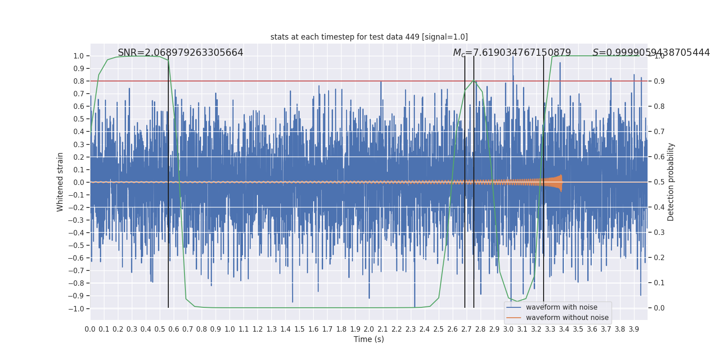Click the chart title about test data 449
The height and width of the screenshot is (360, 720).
point(369,37)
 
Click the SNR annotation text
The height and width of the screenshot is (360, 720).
point(180,53)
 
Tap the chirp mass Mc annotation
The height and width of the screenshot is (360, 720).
point(512,53)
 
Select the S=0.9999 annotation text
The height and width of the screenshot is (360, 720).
point(651,53)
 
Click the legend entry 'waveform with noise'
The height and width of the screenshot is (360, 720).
point(561,307)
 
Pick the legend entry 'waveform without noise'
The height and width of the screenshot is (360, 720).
point(567,318)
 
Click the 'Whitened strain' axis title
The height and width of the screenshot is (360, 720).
point(60,182)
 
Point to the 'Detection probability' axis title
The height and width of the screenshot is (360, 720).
point(671,182)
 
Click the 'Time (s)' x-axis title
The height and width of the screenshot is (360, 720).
point(369,339)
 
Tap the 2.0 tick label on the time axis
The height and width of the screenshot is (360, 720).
point(369,329)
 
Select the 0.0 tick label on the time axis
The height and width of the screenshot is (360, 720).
point(90,329)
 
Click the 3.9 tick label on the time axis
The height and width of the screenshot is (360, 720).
point(634,329)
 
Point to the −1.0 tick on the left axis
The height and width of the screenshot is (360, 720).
point(76,309)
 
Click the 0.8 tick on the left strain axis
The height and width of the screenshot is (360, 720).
point(79,81)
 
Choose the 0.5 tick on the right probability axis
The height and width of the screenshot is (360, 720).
point(659,182)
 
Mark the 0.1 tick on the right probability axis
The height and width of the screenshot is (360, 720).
point(659,283)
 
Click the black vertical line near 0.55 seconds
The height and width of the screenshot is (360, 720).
point(168,202)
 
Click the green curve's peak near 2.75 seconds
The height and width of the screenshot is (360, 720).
point(474,81)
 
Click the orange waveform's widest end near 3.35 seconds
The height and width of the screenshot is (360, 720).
point(560,183)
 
